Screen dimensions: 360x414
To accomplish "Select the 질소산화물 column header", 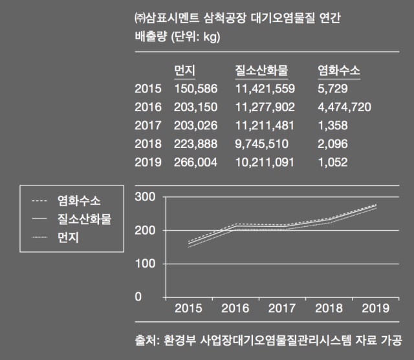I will [261, 70].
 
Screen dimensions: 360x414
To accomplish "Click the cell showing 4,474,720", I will [345, 107].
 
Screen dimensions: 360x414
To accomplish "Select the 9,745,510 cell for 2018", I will [261, 143].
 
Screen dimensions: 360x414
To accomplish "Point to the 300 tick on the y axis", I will [145, 196].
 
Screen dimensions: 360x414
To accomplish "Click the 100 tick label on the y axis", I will [145, 264].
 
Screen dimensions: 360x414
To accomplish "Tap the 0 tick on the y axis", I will [138, 297].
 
